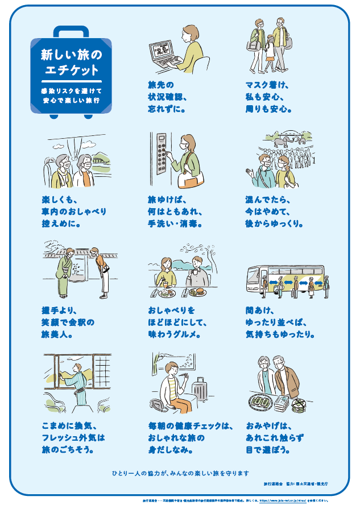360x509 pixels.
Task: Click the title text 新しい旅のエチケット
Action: (x=71, y=63)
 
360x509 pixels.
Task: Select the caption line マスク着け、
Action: (x=267, y=85)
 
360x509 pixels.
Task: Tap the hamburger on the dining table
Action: (x=197, y=291)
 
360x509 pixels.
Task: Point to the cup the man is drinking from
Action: (x=193, y=272)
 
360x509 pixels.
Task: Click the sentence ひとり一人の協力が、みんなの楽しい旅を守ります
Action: (x=180, y=473)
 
